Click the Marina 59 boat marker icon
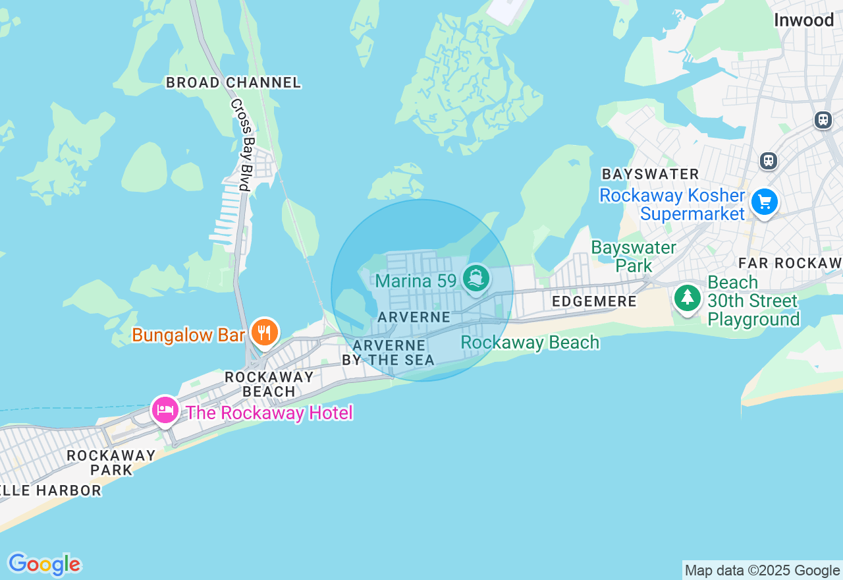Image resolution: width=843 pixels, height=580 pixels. pyautogui.click(x=476, y=278)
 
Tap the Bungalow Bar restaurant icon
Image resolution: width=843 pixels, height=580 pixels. pyautogui.click(x=264, y=332)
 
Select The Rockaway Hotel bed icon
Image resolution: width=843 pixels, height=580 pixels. pyautogui.click(x=165, y=411)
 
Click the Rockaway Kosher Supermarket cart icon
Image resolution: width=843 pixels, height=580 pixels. pyautogui.click(x=764, y=202)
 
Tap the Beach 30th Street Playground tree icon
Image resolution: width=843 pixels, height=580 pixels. pyautogui.click(x=688, y=298)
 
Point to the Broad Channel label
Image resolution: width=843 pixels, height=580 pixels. pyautogui.click(x=233, y=83)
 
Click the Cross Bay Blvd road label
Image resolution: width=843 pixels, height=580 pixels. pyautogui.click(x=240, y=145)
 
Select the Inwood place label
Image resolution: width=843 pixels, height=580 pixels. pyautogui.click(x=803, y=20)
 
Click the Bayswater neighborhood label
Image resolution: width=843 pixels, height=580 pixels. pyautogui.click(x=650, y=175)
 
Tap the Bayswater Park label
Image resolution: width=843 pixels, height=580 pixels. pyautogui.click(x=633, y=256)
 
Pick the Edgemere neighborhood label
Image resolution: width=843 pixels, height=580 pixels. pyautogui.click(x=594, y=302)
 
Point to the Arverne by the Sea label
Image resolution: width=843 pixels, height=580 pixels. pyautogui.click(x=389, y=353)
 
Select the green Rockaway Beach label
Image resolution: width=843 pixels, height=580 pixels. pyautogui.click(x=530, y=343)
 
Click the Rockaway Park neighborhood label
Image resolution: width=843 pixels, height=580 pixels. pyautogui.click(x=111, y=463)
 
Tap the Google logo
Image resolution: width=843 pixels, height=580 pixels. pyautogui.click(x=44, y=565)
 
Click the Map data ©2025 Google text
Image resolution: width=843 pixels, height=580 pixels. pyautogui.click(x=762, y=571)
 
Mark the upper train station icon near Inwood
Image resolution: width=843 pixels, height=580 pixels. pyautogui.click(x=823, y=120)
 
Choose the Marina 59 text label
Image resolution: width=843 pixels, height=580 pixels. pyautogui.click(x=416, y=281)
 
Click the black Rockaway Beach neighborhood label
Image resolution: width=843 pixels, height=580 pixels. pyautogui.click(x=269, y=384)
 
